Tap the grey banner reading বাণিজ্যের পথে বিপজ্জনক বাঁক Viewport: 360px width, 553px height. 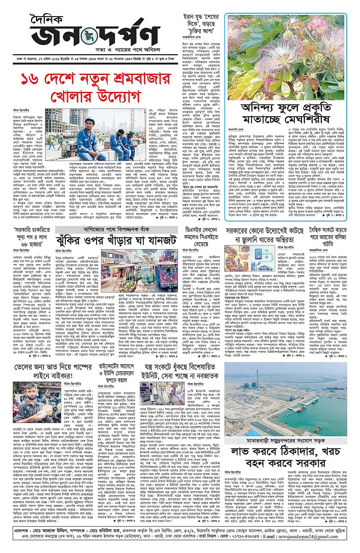coord(135,228)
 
